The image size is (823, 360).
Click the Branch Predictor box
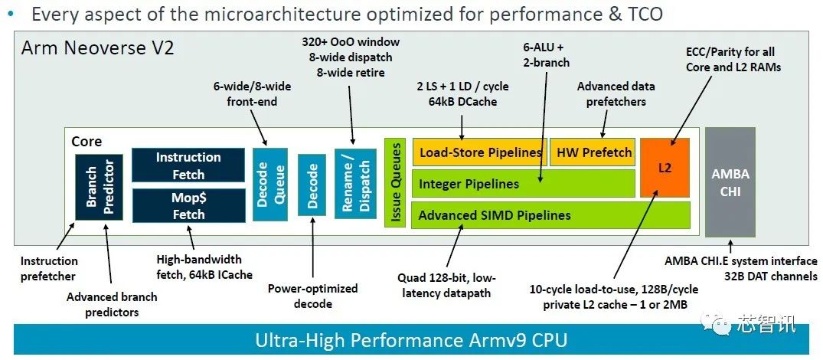100,187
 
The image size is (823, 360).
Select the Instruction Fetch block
188,165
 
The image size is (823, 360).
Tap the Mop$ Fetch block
188,206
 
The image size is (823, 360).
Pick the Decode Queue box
271,184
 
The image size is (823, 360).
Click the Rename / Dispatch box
355,183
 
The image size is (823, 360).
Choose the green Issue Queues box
395,183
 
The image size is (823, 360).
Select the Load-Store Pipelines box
480,152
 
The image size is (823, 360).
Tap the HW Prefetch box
593,152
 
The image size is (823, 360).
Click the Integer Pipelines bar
524,184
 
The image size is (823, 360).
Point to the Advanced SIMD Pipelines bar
550,214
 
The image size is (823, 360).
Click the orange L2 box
665,168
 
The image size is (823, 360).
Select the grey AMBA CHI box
730,182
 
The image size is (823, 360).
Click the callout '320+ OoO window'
351,41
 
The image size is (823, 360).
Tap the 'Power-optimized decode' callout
313,296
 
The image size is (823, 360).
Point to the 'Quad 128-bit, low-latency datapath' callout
446,285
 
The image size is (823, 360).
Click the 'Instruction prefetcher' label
49,268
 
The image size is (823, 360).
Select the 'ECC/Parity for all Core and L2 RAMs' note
730,59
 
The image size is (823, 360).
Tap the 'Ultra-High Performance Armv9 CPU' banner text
411,339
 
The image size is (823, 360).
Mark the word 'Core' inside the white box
87,142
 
